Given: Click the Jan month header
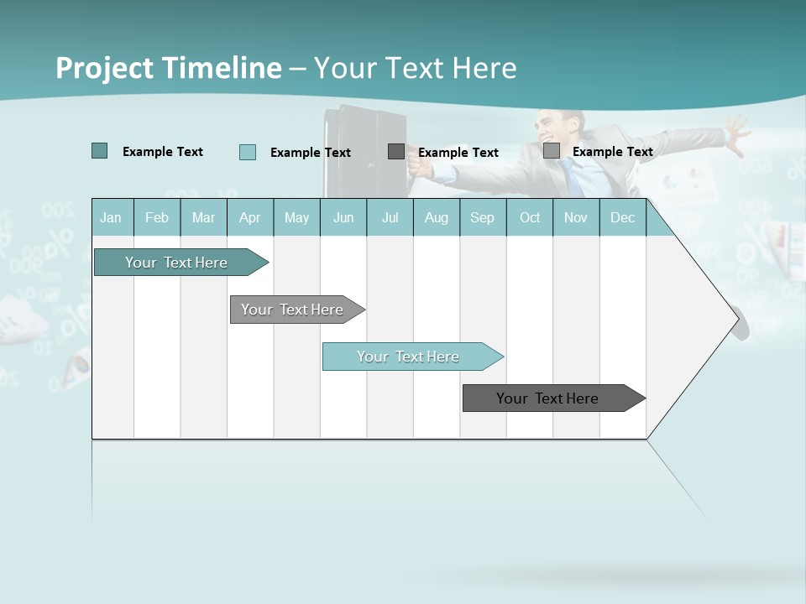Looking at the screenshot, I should click(111, 217).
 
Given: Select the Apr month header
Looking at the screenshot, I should click(249, 217).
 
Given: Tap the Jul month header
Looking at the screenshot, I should click(390, 217).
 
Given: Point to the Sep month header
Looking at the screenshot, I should click(482, 217).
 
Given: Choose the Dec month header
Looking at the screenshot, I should click(622, 217).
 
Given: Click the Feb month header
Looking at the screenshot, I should click(157, 217).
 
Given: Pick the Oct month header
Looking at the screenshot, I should click(530, 217).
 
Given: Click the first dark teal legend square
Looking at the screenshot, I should click(100, 151).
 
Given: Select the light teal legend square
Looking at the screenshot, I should click(248, 152).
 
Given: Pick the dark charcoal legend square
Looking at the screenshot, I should click(396, 151).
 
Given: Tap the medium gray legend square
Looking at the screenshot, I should click(552, 151).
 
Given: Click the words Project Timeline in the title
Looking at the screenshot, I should click(168, 68).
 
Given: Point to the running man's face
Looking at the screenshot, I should click(557, 128).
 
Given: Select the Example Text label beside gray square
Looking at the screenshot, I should click(612, 152).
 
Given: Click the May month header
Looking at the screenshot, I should click(296, 217).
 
